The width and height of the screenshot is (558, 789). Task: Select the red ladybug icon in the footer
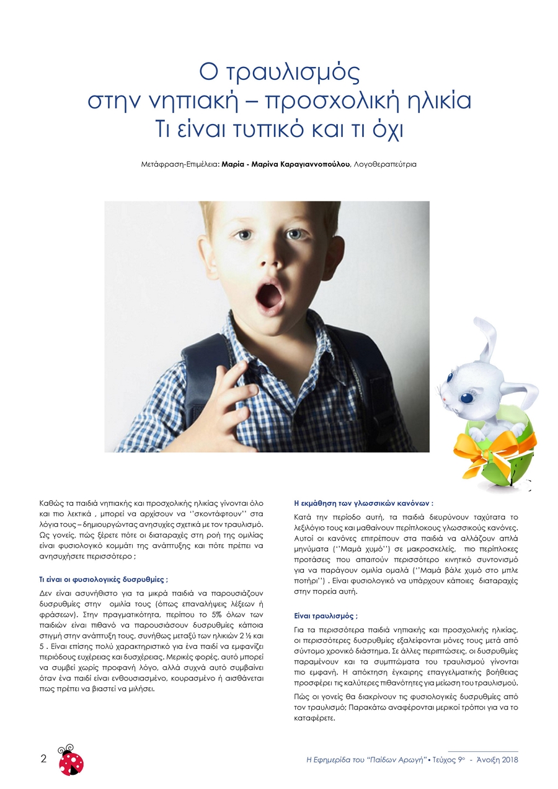point(71,760)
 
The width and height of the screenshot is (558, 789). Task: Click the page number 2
point(43,759)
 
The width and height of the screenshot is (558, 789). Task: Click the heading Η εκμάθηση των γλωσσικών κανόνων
point(363,503)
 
